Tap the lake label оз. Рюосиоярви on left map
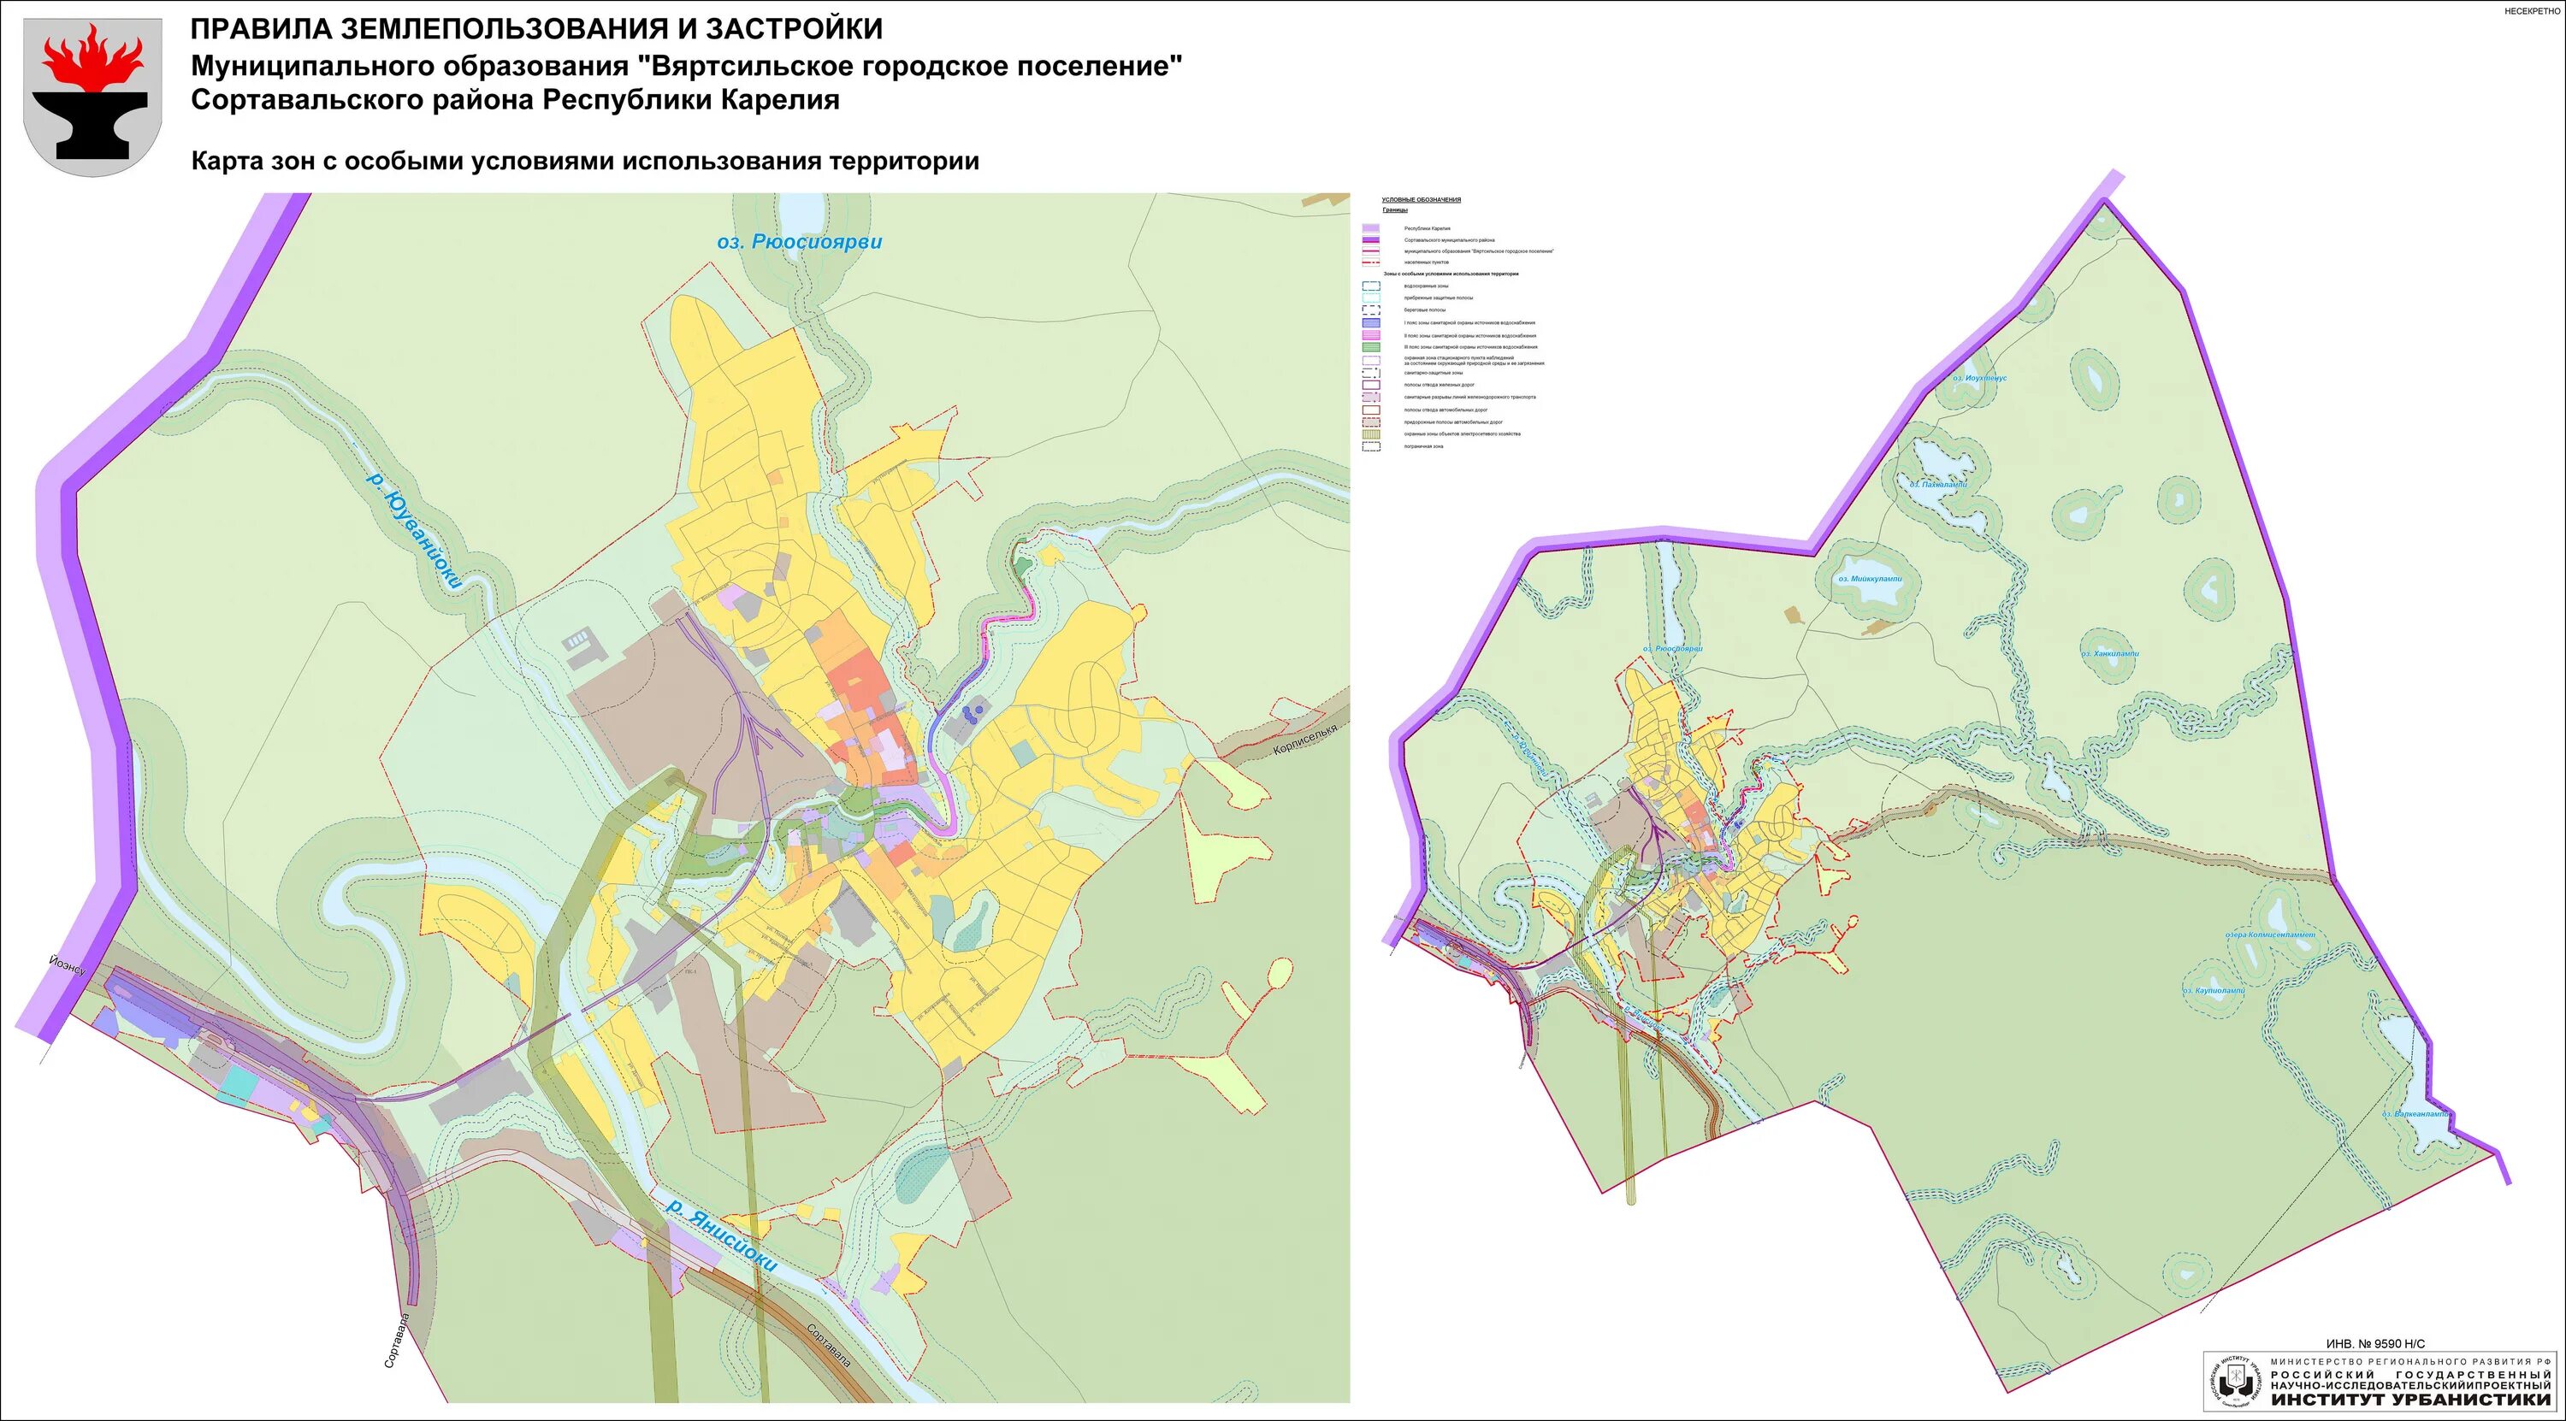click(x=799, y=242)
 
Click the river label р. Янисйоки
click(x=720, y=1235)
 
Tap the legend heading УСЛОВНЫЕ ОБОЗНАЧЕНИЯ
click(x=1422, y=200)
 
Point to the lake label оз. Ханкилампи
click(x=2108, y=653)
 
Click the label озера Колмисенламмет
click(x=2270, y=935)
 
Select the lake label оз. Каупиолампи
click(x=2214, y=991)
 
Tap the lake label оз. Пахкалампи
click(x=1937, y=485)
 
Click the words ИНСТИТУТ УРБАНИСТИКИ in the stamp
click(x=2410, y=1399)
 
